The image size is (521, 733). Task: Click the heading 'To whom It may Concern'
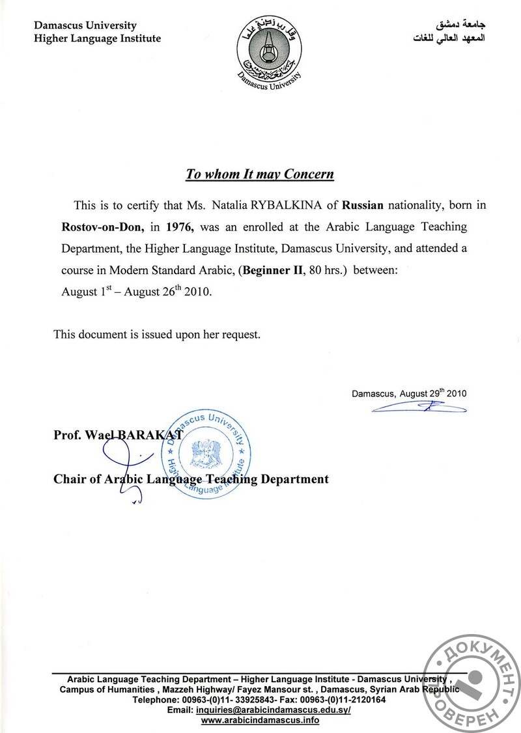tap(260, 174)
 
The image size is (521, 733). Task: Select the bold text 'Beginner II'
tap(272, 270)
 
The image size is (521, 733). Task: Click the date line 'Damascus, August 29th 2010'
tap(409, 393)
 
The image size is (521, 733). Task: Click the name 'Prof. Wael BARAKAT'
tap(118, 435)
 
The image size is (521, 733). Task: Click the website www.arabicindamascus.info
tap(260, 720)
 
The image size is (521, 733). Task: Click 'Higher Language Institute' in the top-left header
tap(97, 38)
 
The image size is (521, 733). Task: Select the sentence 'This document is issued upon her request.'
tap(157, 335)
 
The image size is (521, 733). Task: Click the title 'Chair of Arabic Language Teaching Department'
tap(191, 479)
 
